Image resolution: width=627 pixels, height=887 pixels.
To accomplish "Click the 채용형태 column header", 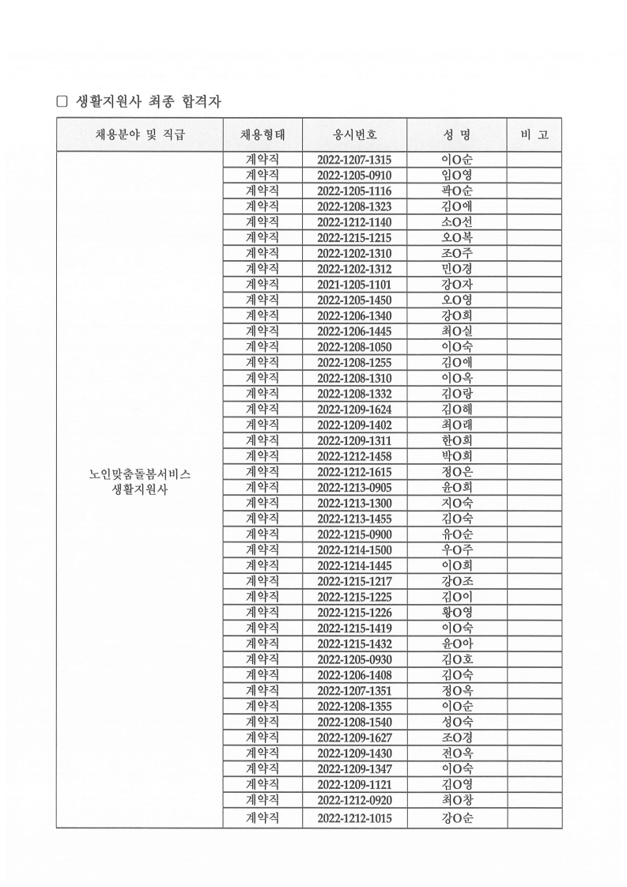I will click(262, 134).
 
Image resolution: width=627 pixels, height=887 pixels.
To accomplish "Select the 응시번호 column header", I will click(354, 134).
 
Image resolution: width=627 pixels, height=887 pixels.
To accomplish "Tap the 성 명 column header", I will click(457, 134).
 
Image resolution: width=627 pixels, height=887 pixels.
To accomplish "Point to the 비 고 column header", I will click(534, 134).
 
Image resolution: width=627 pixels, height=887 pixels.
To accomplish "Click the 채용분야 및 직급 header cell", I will click(139, 134).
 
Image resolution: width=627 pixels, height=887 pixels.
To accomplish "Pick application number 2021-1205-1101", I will click(354, 285).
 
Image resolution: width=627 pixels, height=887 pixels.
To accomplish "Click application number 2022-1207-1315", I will click(354, 160).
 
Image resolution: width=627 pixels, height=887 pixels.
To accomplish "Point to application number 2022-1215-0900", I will click(354, 534).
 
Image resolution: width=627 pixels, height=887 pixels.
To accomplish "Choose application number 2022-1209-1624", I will click(354, 410).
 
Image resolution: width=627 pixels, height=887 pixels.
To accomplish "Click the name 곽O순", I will click(457, 191).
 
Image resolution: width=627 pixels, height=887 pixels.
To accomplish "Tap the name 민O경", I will click(457, 269).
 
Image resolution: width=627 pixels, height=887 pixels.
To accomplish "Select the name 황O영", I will click(457, 613).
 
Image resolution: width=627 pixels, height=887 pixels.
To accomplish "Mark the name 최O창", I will click(457, 800).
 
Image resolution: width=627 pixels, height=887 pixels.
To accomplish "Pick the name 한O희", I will click(457, 440).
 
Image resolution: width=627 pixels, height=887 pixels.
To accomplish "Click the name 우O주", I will click(457, 550).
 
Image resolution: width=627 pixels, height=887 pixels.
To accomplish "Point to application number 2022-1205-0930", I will click(354, 659).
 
